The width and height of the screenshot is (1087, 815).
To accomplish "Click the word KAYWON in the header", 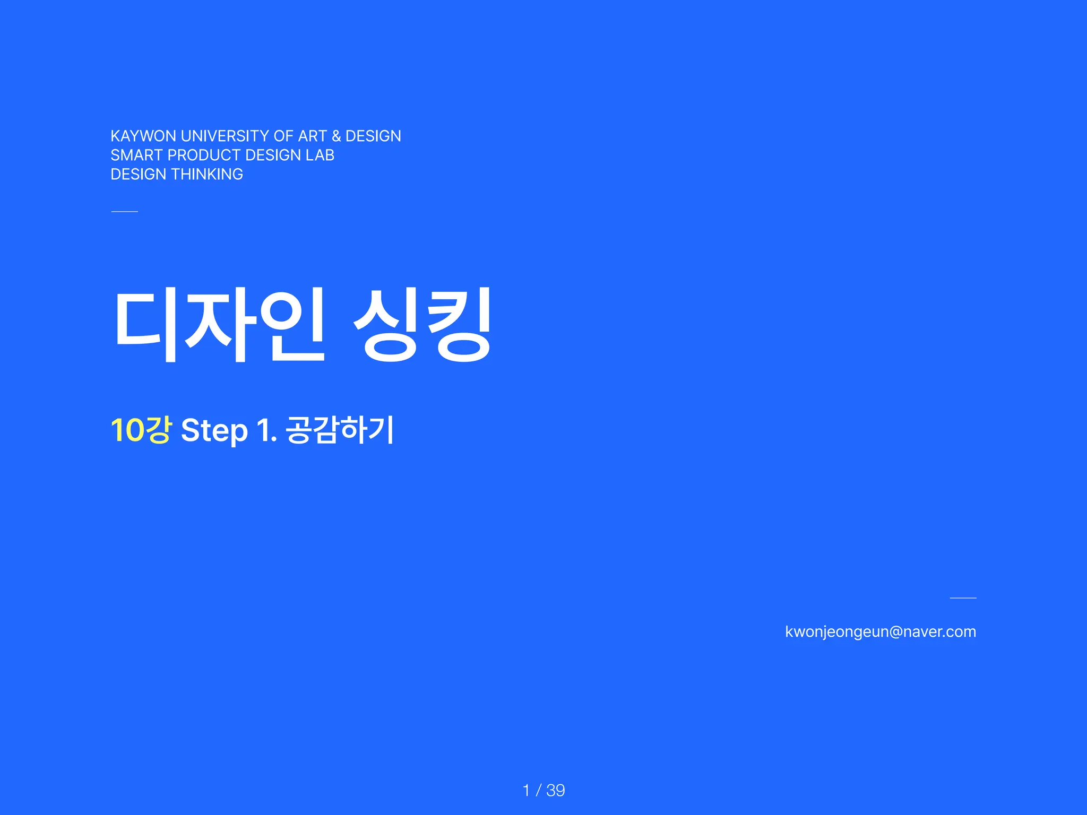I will (x=143, y=136).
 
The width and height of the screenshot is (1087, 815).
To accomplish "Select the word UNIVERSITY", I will (x=225, y=136).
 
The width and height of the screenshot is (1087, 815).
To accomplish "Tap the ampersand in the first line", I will (x=336, y=136).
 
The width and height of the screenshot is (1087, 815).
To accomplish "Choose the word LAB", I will (x=320, y=155).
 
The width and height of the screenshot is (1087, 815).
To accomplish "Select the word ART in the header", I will (x=313, y=136).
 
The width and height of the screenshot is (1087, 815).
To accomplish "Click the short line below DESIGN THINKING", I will (x=125, y=212).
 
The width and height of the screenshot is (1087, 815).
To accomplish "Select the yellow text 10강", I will (x=141, y=430).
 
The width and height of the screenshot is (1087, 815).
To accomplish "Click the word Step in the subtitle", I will (x=214, y=431).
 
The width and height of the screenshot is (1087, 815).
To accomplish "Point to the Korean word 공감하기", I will (x=340, y=430).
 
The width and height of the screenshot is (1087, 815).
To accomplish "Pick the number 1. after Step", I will (x=266, y=430).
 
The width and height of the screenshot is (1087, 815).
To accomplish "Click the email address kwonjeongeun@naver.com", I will (x=881, y=632).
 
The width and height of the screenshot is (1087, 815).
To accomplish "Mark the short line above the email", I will (x=963, y=598).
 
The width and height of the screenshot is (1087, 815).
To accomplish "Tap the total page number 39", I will (x=556, y=791).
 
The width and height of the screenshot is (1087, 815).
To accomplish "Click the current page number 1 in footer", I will (x=526, y=791).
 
